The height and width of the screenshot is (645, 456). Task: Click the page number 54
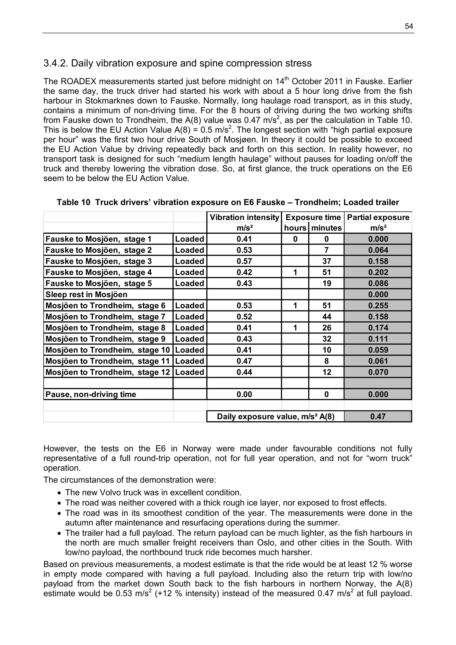409,26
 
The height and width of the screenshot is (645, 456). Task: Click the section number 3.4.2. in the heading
56,63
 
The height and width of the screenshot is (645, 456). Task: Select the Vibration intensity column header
244,218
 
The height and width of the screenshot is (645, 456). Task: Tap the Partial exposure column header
378,218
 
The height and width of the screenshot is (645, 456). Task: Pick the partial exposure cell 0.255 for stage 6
378,306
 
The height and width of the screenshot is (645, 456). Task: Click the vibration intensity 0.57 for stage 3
244,261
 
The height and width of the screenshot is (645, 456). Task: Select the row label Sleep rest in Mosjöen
86,294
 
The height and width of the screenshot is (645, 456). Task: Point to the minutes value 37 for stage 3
326,261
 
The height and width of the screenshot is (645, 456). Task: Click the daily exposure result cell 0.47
378,416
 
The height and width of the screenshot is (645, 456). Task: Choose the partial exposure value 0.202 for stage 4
378,272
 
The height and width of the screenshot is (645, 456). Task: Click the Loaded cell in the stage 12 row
190,372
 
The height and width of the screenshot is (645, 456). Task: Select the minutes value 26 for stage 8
326,328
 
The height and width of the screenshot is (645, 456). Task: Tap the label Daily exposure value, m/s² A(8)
275,416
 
